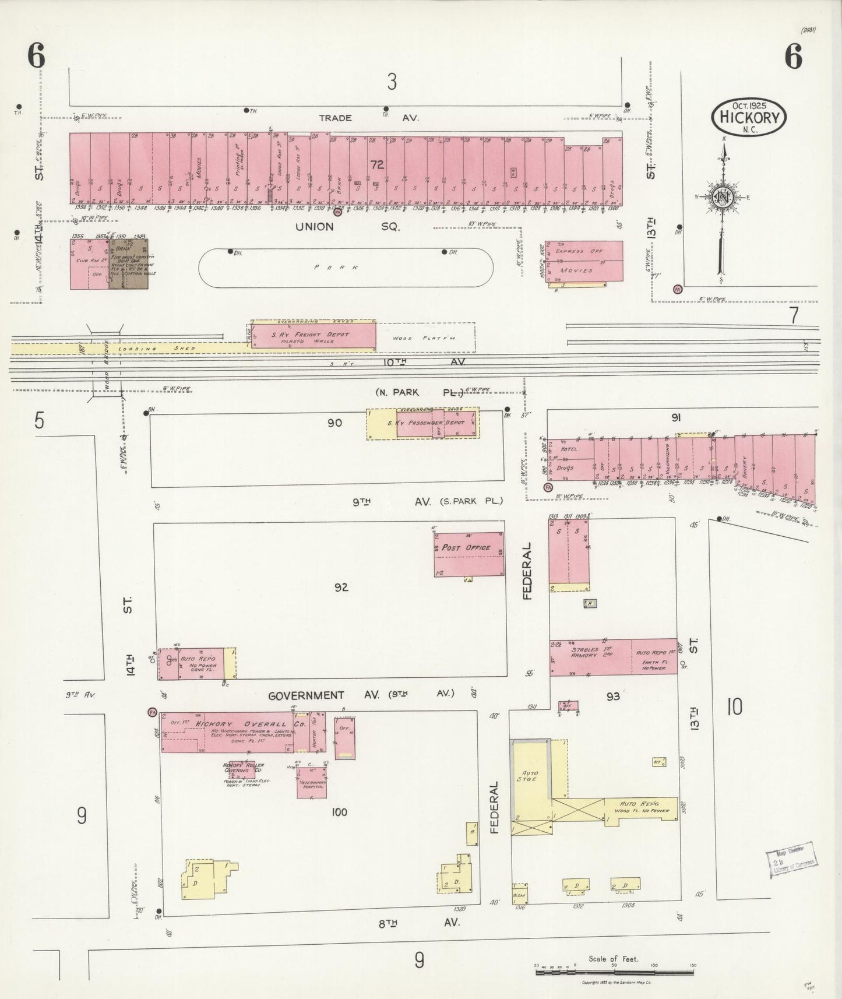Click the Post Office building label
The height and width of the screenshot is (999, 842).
pos(466,548)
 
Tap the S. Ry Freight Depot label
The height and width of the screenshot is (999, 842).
pos(310,335)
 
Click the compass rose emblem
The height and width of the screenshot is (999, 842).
pos(723,196)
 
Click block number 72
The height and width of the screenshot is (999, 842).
pos(377,165)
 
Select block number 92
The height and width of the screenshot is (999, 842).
pos(341,587)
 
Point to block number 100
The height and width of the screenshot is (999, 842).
pos(339,812)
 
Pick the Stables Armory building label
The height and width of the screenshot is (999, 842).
pos(584,652)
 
